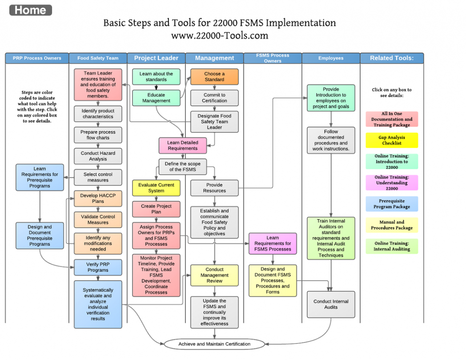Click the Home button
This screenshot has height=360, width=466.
coord(30,10)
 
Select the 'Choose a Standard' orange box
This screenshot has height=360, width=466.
coord(214,77)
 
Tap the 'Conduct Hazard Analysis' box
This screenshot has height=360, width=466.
coord(98,156)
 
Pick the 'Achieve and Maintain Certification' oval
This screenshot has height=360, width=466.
coord(214,344)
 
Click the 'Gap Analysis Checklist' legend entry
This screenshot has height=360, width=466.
coord(392,140)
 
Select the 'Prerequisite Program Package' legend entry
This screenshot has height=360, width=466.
coord(392,204)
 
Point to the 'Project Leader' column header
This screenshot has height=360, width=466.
coord(156,58)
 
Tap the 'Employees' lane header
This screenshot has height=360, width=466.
coord(331,58)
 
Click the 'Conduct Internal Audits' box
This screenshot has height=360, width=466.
coord(331,304)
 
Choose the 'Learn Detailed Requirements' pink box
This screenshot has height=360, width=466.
coord(183,146)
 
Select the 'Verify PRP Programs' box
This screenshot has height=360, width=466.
coord(98,267)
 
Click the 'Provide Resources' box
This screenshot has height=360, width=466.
coord(214,188)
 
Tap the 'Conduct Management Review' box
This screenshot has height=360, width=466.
coord(214,275)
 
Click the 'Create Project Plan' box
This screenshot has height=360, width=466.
coord(156,209)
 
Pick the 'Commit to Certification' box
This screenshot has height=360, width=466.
coord(214,98)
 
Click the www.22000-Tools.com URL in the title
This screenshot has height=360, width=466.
coord(219,36)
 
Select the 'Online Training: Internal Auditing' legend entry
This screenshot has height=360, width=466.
coord(392,247)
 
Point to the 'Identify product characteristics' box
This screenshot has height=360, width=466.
coord(98,114)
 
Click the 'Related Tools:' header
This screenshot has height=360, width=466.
coord(392,58)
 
